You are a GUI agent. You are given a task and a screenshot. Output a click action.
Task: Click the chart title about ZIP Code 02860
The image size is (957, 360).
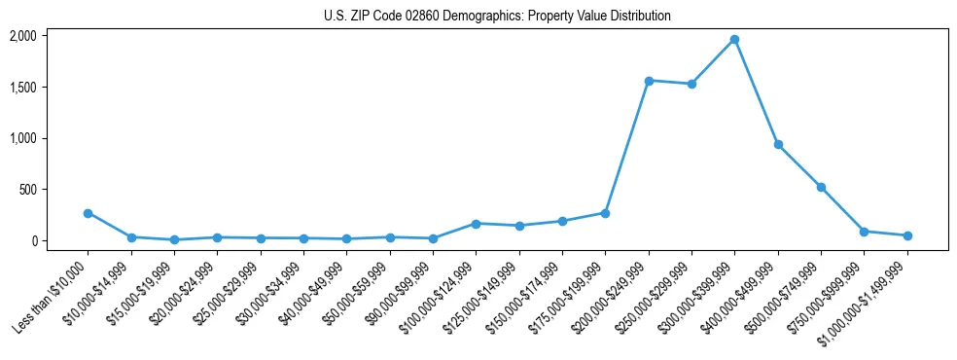point(497,16)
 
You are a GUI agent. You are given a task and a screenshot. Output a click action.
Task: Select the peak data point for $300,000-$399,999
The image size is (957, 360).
point(734,39)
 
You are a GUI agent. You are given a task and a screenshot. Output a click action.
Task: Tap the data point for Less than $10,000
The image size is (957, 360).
point(88,213)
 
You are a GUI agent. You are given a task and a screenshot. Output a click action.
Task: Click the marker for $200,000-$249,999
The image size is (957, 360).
point(649,81)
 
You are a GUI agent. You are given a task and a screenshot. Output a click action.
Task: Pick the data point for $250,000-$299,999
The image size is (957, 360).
point(691,84)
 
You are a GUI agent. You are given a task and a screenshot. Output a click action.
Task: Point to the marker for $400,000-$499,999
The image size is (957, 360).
point(778,144)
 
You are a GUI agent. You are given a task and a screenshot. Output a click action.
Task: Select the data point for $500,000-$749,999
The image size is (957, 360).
point(821,187)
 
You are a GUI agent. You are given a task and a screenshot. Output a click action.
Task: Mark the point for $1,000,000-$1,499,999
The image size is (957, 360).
point(907,235)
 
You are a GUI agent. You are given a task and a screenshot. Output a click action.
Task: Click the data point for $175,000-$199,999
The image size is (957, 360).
point(605,213)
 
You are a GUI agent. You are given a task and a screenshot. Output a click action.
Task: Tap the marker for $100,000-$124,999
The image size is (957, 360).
point(476,224)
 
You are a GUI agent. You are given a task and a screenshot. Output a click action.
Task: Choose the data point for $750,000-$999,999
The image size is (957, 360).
point(864,232)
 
